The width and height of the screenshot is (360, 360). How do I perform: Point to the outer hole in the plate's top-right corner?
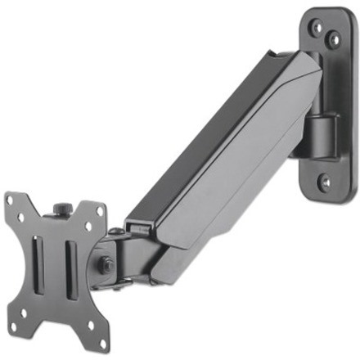point(100,211)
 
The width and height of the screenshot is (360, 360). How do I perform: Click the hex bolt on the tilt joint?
point(106,264)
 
